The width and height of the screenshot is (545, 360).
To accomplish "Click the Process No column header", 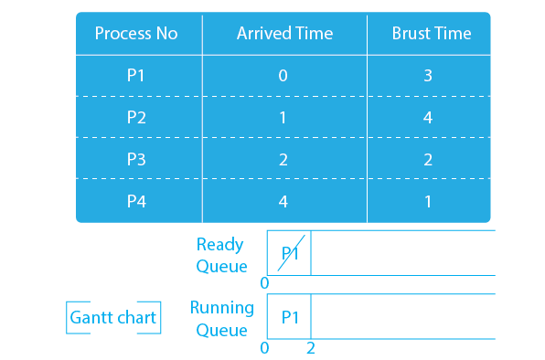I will point(136,34).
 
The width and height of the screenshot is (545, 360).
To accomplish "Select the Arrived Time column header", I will point(284,34).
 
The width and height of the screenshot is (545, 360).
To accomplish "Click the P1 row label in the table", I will point(136,76).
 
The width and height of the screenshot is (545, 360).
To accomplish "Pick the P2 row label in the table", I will point(136,118).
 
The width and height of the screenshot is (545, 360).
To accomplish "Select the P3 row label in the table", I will point(136,159).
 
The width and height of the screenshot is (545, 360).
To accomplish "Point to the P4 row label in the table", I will point(136,201).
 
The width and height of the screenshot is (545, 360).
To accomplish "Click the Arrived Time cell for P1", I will point(283,76).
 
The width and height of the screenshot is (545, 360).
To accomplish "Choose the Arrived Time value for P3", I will point(283,159).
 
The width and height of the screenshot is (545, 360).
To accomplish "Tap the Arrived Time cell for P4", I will point(283,201).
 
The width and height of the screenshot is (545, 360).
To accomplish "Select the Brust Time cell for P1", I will point(428,76).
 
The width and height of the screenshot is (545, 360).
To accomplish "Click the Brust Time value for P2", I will point(428,118).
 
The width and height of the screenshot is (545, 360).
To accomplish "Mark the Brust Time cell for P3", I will point(428,159).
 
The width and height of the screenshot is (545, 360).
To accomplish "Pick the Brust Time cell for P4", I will point(428,201).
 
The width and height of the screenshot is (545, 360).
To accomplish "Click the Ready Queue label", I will point(221,255).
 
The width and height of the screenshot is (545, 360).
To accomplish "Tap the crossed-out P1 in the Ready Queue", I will point(289,253).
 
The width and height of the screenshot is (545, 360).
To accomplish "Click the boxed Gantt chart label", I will point(113,319).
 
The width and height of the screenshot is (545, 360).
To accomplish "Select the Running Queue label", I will point(220,318).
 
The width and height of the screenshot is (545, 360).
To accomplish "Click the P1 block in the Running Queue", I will point(290,317).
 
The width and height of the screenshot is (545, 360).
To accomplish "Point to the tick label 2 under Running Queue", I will point(311,347).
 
